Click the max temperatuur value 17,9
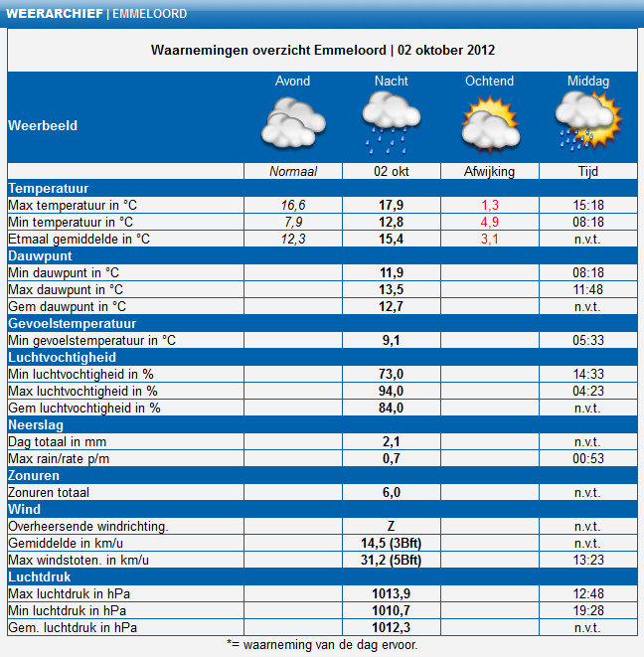click(x=392, y=205)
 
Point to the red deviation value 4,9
click(x=490, y=222)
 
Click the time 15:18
click(x=588, y=205)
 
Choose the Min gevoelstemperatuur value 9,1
click(x=392, y=340)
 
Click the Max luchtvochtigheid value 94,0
click(x=392, y=391)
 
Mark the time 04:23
click(x=588, y=391)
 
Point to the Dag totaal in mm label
click(x=58, y=441)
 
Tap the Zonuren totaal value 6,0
click(x=392, y=492)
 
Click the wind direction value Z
click(x=392, y=526)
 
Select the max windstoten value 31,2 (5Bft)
click(x=392, y=560)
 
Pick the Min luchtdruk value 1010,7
click(x=392, y=610)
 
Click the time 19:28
click(x=588, y=610)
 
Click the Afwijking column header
click(x=490, y=172)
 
